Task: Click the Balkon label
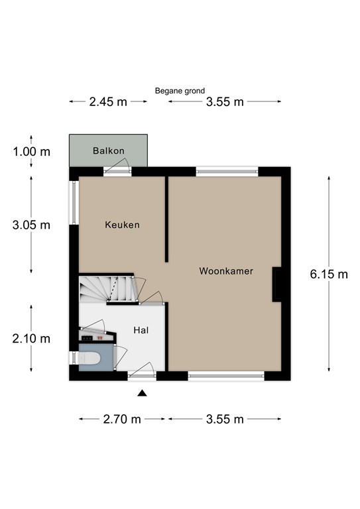click(x=109, y=150)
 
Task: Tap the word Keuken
click(x=123, y=225)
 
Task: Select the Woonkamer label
click(x=226, y=271)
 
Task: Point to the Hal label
click(x=141, y=330)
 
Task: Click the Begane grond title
click(x=180, y=91)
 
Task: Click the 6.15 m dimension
click(x=329, y=274)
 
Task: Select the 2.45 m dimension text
click(x=108, y=102)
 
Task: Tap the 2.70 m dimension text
click(x=122, y=419)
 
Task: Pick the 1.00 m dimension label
click(x=31, y=152)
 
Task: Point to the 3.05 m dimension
click(x=31, y=225)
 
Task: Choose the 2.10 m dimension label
click(x=31, y=339)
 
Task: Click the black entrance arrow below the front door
click(x=142, y=393)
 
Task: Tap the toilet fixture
click(x=89, y=358)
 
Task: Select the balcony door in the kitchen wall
click(x=117, y=167)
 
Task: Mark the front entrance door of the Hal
click(x=142, y=371)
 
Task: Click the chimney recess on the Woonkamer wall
click(x=277, y=284)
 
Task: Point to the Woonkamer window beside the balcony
click(x=227, y=172)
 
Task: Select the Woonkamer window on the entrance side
click(x=226, y=376)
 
